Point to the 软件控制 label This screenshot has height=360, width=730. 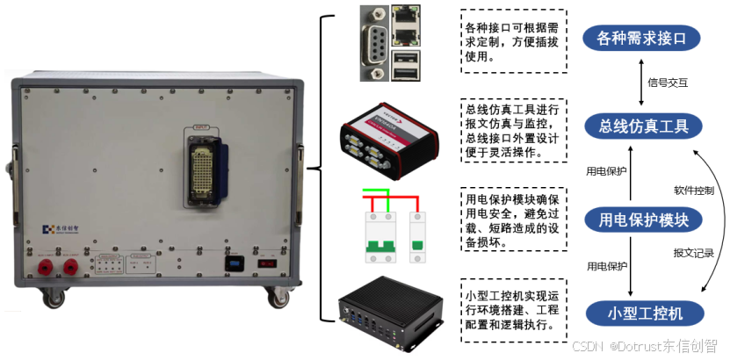[x=693, y=190]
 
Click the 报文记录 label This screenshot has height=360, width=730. [x=692, y=253]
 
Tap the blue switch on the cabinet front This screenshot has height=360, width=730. [x=234, y=263]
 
